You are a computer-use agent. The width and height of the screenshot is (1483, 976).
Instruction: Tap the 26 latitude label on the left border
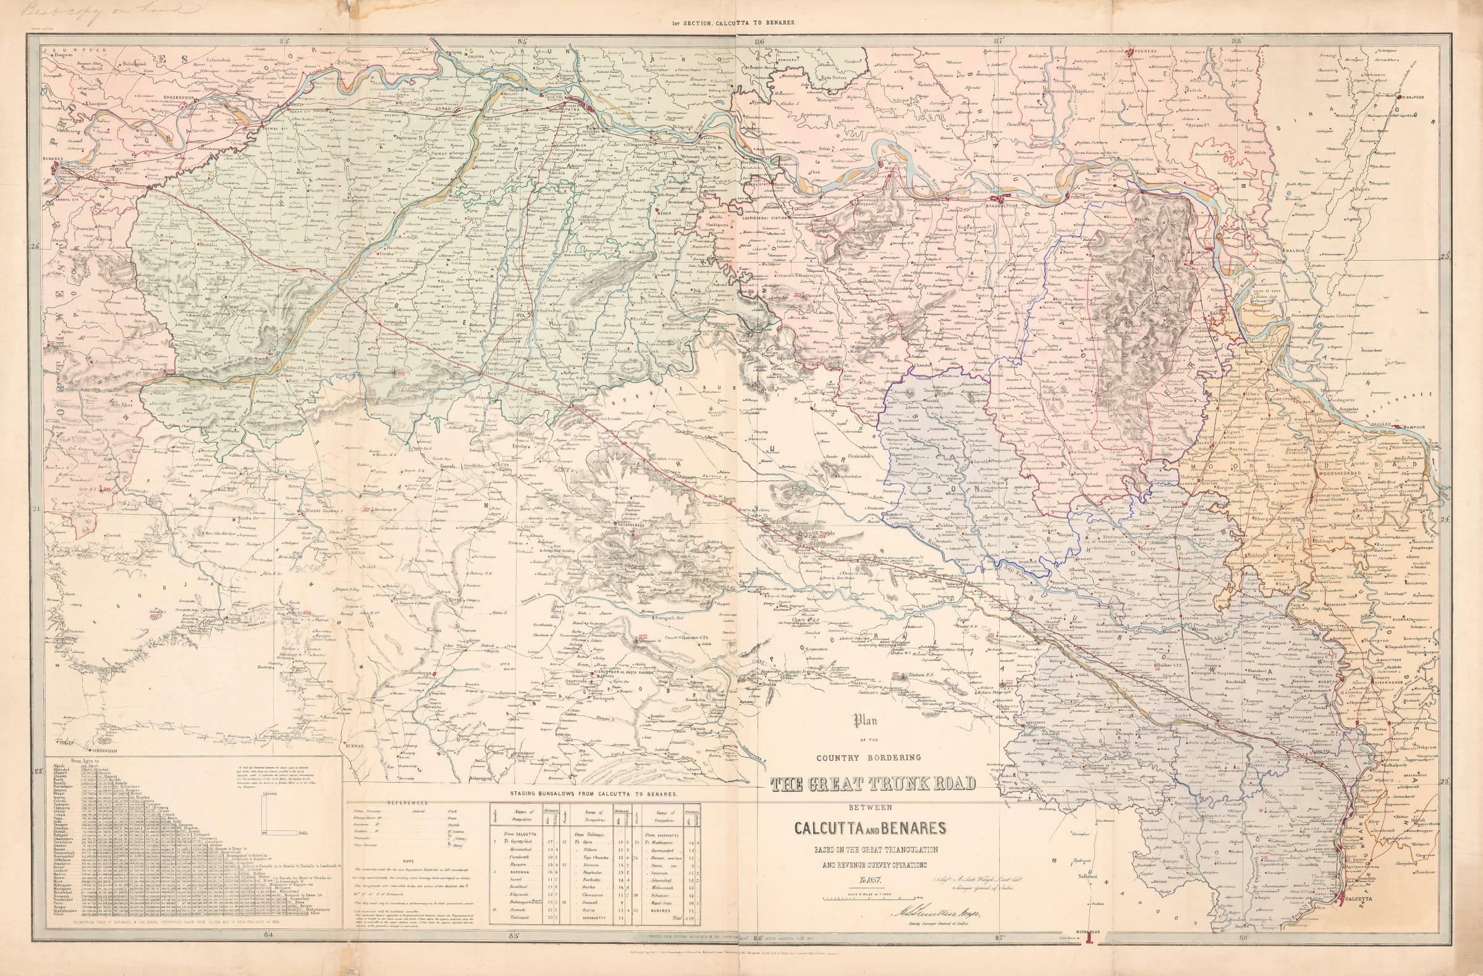coord(35,246)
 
